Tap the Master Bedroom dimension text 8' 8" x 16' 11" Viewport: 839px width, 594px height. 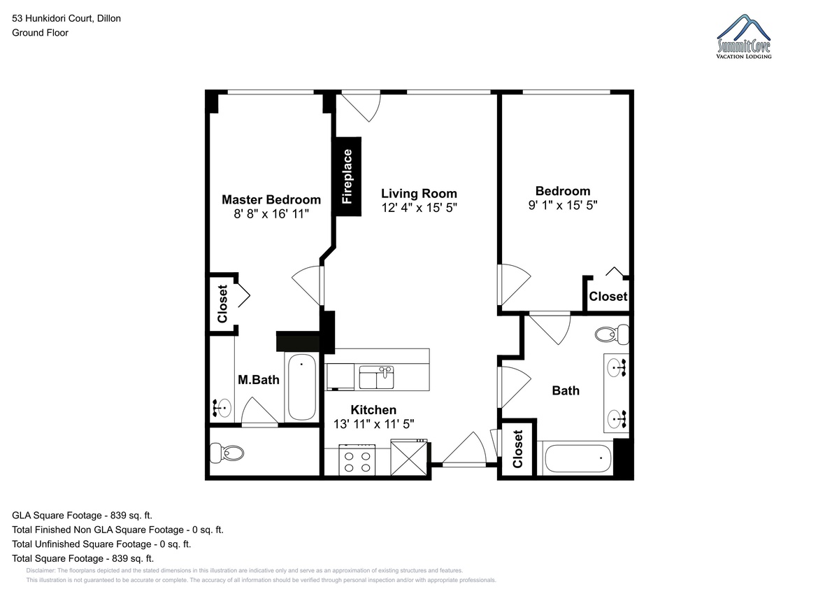271,214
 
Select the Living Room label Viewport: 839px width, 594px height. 419,193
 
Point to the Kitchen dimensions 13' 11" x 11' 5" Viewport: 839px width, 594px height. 374,424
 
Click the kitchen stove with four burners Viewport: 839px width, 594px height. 357,460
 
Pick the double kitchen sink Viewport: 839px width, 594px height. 376,377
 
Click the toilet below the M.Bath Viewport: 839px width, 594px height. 227,453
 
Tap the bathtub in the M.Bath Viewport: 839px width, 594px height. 301,387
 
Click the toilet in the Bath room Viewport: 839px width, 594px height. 612,334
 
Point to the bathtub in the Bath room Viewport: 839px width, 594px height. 578,458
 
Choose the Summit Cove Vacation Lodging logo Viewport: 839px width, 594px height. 743,36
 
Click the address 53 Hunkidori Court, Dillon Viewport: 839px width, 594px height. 66,18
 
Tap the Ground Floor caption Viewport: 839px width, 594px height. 40,33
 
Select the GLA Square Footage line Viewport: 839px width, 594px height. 82,516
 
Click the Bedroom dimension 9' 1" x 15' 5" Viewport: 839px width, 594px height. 563,206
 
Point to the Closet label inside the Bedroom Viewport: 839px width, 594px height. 608,297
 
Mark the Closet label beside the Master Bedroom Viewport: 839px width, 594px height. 222,304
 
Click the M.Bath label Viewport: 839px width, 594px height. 259,380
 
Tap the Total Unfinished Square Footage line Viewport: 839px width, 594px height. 101,544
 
